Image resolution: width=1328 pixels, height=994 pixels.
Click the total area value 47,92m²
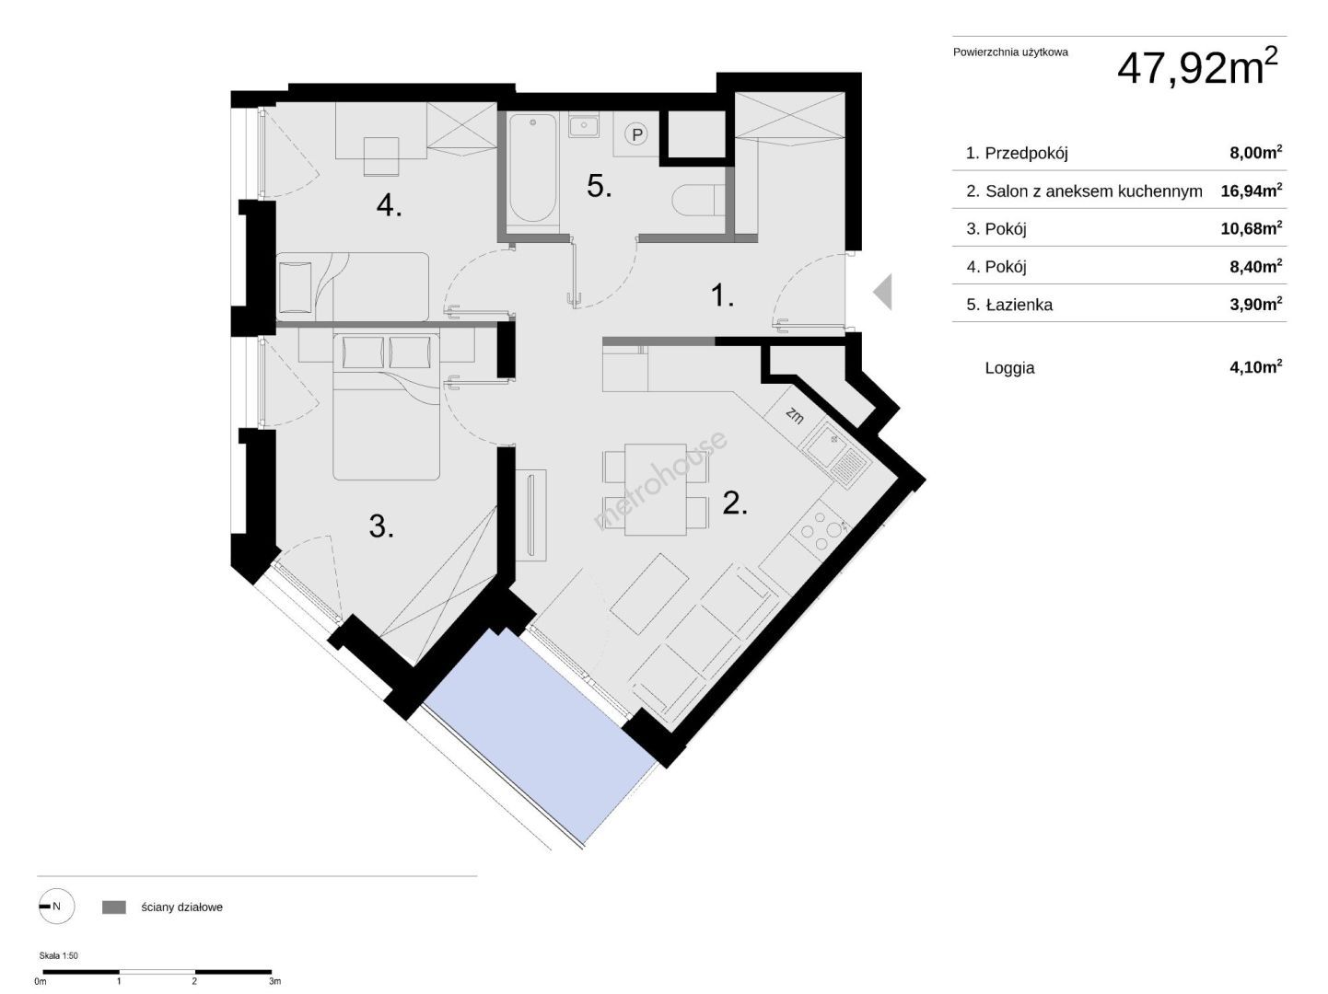click(x=1196, y=66)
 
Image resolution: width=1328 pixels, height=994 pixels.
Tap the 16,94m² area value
click(x=1251, y=191)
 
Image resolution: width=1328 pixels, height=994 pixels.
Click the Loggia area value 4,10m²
click(x=1255, y=367)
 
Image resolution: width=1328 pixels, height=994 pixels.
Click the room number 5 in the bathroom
click(x=599, y=186)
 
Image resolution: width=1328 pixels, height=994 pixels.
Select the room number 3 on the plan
click(x=381, y=526)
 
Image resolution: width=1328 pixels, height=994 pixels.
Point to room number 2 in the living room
click(x=735, y=503)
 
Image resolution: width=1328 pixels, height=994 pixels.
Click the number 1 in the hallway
click(x=722, y=295)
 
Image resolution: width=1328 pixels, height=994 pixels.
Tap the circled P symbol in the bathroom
click(x=636, y=134)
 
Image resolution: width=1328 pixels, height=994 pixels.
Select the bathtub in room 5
click(x=532, y=168)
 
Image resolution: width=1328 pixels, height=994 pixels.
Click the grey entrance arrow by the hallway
click(x=882, y=292)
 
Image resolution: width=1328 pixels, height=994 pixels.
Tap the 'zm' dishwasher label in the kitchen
click(x=795, y=415)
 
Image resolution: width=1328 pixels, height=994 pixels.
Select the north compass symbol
click(x=56, y=907)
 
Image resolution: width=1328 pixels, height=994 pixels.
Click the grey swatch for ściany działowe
click(x=114, y=907)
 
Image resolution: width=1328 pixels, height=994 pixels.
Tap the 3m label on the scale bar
click(x=274, y=982)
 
